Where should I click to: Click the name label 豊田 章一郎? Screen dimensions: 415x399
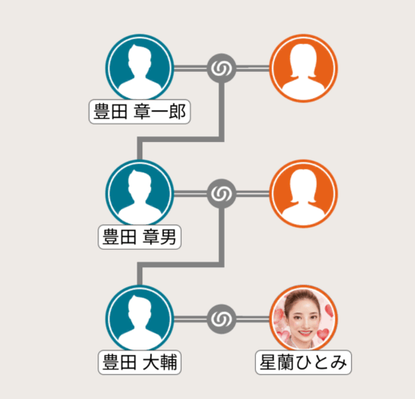[139, 112]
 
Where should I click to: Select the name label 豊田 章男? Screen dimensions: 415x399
[139, 237]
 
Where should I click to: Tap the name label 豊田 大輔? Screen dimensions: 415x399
[139, 362]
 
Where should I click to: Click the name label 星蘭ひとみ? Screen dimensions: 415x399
[303, 362]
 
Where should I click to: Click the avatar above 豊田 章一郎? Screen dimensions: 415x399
[140, 68]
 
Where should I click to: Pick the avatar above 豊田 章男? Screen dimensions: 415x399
[140, 193]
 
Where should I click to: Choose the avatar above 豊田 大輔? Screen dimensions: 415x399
[140, 318]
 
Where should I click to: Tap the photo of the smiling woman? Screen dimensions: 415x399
[304, 318]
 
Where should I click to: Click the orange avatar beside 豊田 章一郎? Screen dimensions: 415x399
[304, 68]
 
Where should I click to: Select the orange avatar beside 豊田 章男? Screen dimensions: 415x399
[304, 193]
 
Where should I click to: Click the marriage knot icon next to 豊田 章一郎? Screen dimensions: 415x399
[221, 69]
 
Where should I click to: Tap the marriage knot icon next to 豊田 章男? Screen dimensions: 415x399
[221, 194]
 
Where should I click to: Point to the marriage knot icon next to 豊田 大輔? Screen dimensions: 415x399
[221, 319]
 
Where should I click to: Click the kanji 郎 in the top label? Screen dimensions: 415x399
[178, 112]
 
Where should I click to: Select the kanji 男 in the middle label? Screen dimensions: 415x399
[168, 237]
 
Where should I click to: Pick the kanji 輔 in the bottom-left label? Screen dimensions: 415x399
[168, 362]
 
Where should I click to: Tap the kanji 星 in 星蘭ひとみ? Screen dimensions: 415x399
[269, 362]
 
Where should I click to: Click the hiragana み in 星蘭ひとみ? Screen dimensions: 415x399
[338, 362]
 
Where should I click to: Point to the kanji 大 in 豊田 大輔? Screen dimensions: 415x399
[151, 362]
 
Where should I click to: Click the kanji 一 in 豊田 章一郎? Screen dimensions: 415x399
[161, 112]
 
